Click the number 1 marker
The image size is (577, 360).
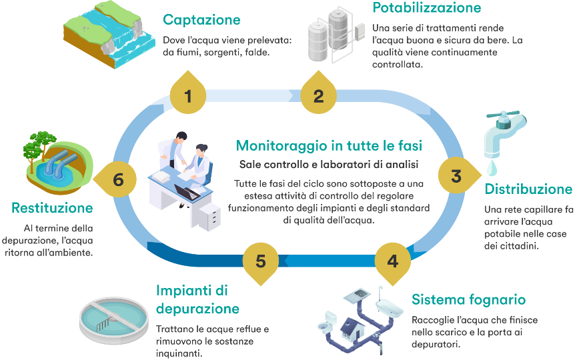click(188, 96)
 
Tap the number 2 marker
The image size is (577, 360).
click(319, 96)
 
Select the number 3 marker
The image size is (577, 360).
click(456, 177)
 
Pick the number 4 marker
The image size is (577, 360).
click(393, 261)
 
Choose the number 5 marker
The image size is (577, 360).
click(261, 261)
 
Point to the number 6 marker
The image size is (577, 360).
click(119, 180)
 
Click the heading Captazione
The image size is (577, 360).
click(201, 20)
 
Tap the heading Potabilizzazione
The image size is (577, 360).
click(426, 8)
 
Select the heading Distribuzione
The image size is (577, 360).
click(528, 189)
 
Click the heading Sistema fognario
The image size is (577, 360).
click(468, 299)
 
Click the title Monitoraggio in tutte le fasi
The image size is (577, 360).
click(330, 145)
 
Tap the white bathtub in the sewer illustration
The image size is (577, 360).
click(390, 307)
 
